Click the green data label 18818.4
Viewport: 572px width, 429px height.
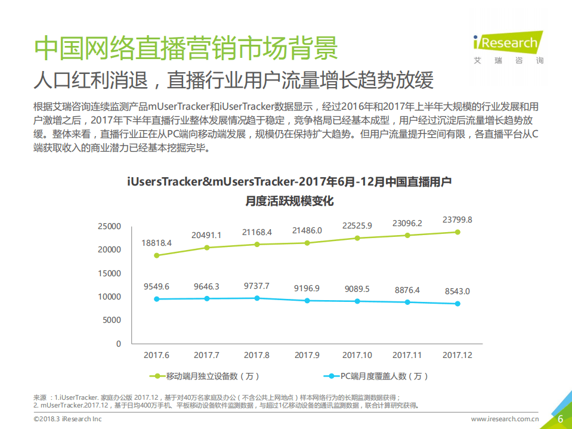(x=157, y=243)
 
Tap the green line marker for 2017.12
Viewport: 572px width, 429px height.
(x=457, y=232)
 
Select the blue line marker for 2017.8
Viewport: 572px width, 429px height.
(x=257, y=298)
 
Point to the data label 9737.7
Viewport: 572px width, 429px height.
(x=257, y=286)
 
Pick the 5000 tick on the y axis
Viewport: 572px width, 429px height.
(x=112, y=320)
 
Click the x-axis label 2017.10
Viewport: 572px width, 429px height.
(x=357, y=355)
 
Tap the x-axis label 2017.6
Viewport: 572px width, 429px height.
(x=157, y=355)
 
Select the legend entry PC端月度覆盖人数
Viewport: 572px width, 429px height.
(x=376, y=376)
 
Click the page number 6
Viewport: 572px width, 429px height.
(x=560, y=419)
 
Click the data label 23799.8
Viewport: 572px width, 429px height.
(x=457, y=220)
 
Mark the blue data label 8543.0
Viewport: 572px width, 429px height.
(x=457, y=291)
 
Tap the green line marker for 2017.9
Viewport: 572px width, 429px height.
(x=307, y=243)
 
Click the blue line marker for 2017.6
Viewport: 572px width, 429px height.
(x=157, y=299)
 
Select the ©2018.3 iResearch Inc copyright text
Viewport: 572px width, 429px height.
(x=67, y=419)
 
